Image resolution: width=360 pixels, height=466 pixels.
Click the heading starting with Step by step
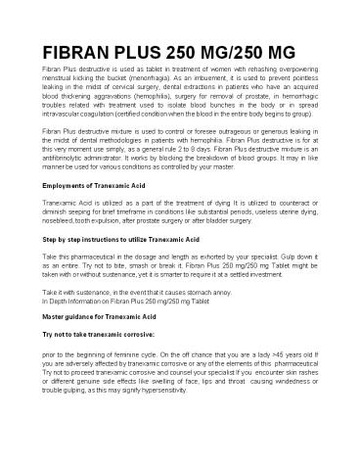[x=123, y=237]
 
